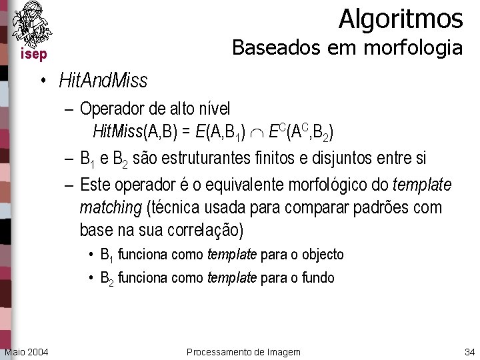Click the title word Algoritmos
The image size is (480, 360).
tap(400, 19)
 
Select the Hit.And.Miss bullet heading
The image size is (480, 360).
tap(103, 81)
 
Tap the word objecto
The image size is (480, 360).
tap(323, 254)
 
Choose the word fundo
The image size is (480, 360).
tap(316, 277)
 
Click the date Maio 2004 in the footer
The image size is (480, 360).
tap(26, 351)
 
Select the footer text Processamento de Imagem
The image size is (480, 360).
tap(243, 351)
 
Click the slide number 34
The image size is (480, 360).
tap(468, 351)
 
